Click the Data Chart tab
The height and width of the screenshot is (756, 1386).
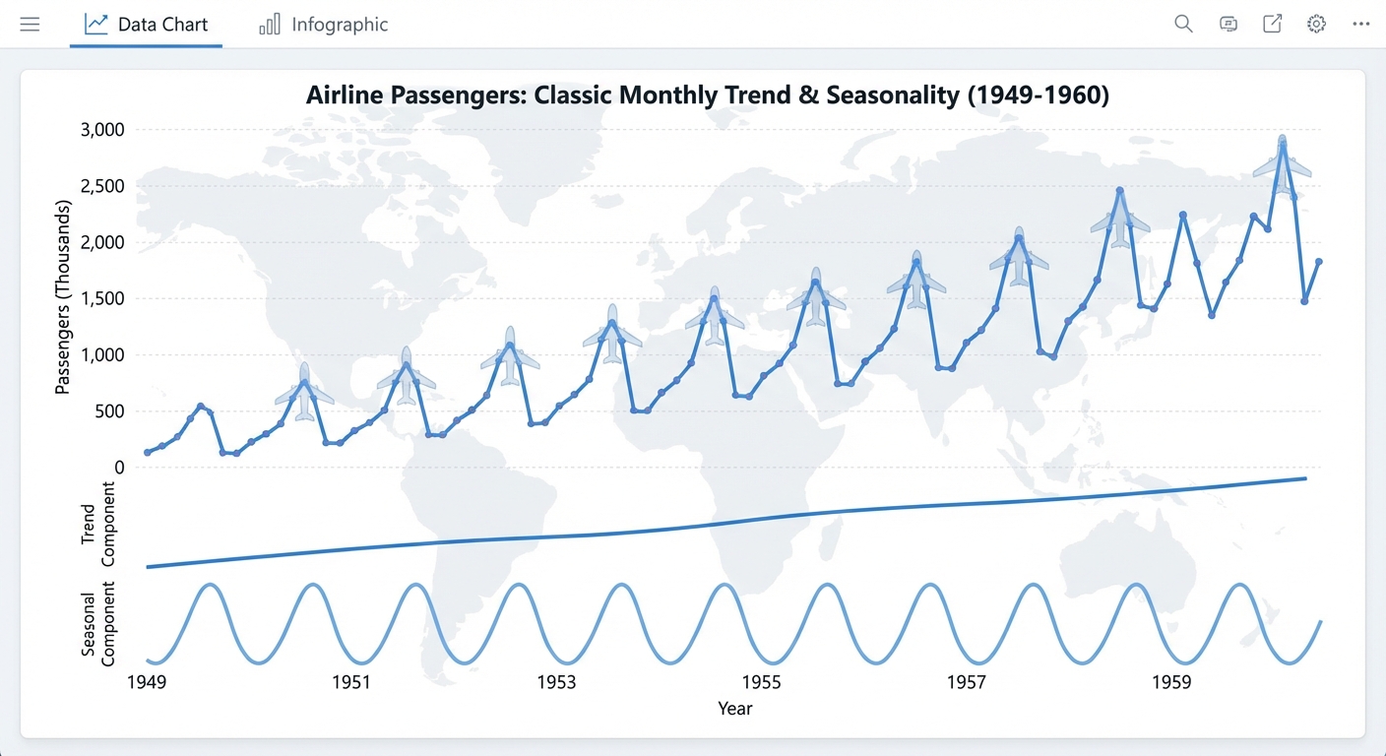coord(147,25)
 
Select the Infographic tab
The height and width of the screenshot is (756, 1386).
coord(324,25)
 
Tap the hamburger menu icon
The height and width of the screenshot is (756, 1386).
coord(30,25)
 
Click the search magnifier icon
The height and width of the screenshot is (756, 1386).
coord(1183,25)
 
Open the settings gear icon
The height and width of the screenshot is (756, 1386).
coord(1316,25)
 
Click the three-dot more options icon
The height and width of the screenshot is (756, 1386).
coord(1360,25)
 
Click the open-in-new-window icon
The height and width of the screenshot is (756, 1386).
coord(1272,25)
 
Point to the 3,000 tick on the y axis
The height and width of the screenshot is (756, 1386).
coord(102,130)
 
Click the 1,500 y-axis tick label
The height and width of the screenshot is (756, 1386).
coord(102,299)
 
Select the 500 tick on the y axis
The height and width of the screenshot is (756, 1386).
coord(109,411)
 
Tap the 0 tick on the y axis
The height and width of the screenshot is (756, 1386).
coord(119,468)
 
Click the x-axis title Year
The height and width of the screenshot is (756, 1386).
coord(734,709)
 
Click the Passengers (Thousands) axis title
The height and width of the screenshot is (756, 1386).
coord(63,297)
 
